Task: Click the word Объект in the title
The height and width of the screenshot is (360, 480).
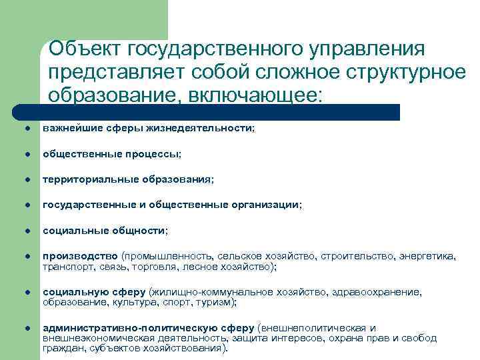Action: [x=84, y=49]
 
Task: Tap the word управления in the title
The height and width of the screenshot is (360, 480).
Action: [x=368, y=49]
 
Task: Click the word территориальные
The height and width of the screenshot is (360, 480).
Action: [x=83, y=179]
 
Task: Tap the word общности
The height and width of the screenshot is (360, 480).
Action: [x=141, y=231]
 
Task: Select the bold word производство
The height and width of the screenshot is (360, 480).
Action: [x=81, y=257]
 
